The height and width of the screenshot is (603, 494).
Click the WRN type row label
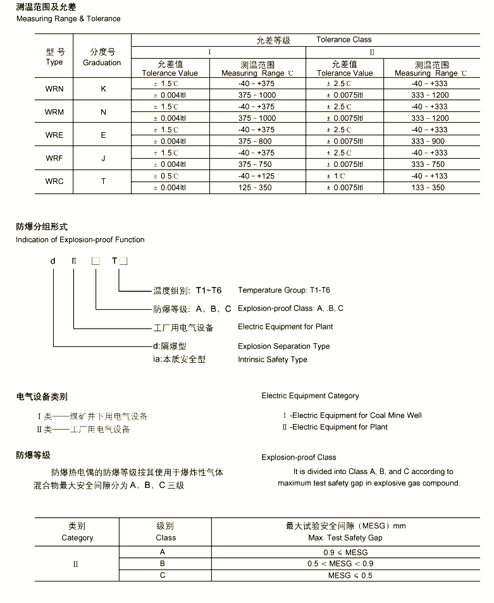pyautogui.click(x=54, y=89)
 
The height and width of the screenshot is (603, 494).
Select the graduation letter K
pyautogui.click(x=103, y=89)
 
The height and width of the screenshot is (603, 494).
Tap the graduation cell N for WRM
pyautogui.click(x=103, y=112)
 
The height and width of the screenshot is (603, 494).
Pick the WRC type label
pyautogui.click(x=54, y=181)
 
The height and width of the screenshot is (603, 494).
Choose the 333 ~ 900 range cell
pyautogui.click(x=428, y=142)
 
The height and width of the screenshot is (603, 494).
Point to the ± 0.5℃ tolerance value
pyautogui.click(x=166, y=176)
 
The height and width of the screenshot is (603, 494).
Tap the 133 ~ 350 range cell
pyautogui.click(x=428, y=188)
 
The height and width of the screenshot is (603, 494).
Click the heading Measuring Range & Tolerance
pyautogui.click(x=68, y=19)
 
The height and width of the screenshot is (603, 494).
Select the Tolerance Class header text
pyautogui.click(x=344, y=40)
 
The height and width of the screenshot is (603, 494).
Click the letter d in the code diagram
pyautogui.click(x=53, y=261)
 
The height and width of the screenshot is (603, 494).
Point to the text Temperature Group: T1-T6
pyautogui.click(x=284, y=291)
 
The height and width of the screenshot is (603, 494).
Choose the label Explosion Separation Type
pyautogui.click(x=284, y=346)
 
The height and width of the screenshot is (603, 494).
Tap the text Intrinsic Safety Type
pyautogui.click(x=273, y=360)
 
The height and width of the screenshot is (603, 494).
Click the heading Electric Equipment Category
pyautogui.click(x=310, y=396)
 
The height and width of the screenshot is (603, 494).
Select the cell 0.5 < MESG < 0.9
pyautogui.click(x=340, y=564)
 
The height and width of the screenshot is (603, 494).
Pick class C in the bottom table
pyautogui.click(x=163, y=575)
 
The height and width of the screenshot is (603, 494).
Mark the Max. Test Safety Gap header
pyautogui.click(x=345, y=538)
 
